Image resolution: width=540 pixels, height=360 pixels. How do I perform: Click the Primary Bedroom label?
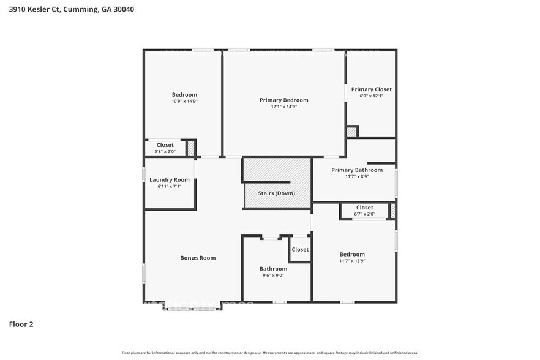[x=283, y=100]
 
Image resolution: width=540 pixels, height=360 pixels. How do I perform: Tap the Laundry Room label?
[x=170, y=179]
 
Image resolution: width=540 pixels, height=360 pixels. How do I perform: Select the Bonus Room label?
[x=198, y=258]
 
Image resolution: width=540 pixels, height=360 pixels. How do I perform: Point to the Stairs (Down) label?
[x=276, y=193]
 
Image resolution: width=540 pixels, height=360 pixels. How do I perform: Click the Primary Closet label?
[x=371, y=89]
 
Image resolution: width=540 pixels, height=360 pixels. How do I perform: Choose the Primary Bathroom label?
[x=357, y=170]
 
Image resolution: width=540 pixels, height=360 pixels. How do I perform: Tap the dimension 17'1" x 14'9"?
[x=283, y=107]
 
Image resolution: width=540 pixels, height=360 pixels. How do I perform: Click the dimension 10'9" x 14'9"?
[x=184, y=101]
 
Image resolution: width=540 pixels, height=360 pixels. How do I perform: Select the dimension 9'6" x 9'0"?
[x=273, y=276]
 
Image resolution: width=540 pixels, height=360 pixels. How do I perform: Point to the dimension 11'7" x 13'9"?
[x=352, y=261]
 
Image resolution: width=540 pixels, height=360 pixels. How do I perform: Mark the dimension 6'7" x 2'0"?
[x=364, y=214]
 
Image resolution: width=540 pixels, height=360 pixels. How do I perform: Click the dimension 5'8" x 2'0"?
[x=165, y=151]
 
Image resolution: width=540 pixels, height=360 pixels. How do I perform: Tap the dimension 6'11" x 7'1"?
[x=170, y=186]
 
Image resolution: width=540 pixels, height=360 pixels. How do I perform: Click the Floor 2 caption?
[x=21, y=324]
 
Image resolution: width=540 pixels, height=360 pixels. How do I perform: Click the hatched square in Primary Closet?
[x=351, y=132]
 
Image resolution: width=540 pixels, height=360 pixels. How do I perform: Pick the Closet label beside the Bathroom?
[x=300, y=249]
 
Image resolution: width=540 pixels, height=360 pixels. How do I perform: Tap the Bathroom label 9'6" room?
[x=273, y=269]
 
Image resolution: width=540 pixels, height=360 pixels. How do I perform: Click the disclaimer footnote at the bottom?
[x=270, y=353]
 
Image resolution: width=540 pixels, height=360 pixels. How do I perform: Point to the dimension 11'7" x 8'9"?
[x=357, y=176]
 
